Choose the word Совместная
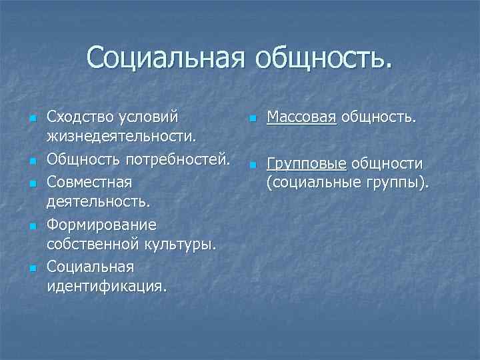pyautogui.click(x=90, y=182)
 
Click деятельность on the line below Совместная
pyautogui.click(x=97, y=201)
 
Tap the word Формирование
pyautogui.click(x=101, y=225)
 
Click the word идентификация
pyautogui.click(x=107, y=287)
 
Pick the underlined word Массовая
pyautogui.click(x=302, y=118)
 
